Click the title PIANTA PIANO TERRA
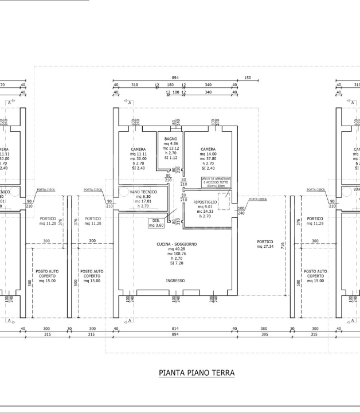tap(196, 373)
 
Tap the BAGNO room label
tap(170, 139)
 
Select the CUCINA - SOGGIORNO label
tap(177, 244)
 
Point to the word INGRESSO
tap(175, 280)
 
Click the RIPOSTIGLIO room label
tap(205, 202)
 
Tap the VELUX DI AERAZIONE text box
tap(216, 181)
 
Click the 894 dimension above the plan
tap(175, 78)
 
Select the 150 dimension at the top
tap(248, 78)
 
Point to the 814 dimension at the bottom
tap(175, 329)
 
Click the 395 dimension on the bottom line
tap(264, 334)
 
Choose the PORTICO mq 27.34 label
tap(265, 244)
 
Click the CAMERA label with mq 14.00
tap(208, 149)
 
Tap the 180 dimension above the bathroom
tap(170, 85)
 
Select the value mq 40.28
tap(177, 249)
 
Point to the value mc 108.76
tap(177, 254)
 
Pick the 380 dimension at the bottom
tap(264, 329)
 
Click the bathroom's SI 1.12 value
tap(170, 158)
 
